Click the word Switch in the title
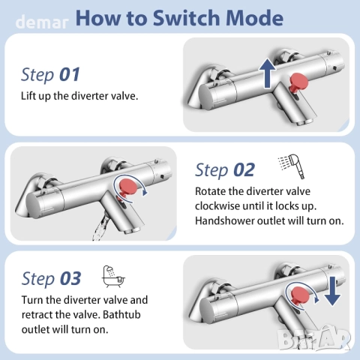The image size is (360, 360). pos(187,18)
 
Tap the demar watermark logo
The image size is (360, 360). pos(42,22)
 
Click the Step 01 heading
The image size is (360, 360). pos(50,75)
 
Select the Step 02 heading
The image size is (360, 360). pos(225,170)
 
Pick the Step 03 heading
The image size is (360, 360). pos(51,278)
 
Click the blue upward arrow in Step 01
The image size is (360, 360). pos(268,73)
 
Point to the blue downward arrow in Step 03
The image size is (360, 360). pos(332,291)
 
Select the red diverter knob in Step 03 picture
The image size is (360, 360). pos(300,295)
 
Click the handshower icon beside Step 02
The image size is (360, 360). pos(292,166)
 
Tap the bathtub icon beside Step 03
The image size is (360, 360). pos(113,276)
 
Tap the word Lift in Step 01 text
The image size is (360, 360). pos(27,96)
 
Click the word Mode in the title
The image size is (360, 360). pos(254,18)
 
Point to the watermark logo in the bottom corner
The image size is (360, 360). pos(315,340)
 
